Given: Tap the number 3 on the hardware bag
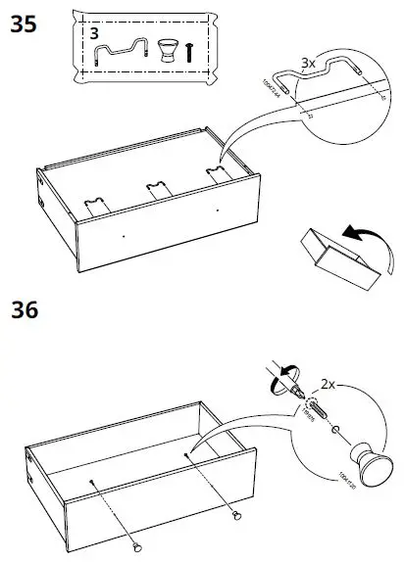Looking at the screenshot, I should point(95,32).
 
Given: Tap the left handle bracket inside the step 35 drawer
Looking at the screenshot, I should point(96,204).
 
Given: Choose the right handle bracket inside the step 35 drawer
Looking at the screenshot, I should point(214,173).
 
